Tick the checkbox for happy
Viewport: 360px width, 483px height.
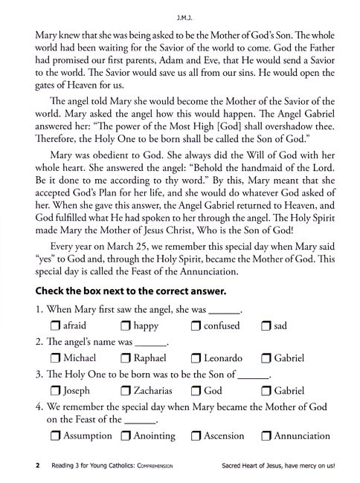[x=126, y=326]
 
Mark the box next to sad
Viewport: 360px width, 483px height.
[x=267, y=326]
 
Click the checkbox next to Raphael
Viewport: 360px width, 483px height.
[x=126, y=358]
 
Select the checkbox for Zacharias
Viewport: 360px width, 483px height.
[x=126, y=390]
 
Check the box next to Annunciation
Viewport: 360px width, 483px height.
[x=267, y=436]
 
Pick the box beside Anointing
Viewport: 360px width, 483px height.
[x=126, y=436]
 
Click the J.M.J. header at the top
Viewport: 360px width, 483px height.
[x=180, y=14]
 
